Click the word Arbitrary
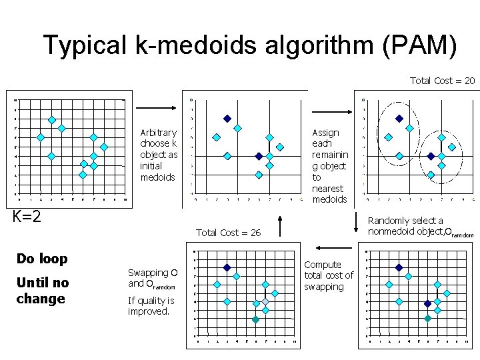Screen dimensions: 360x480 point(159,133)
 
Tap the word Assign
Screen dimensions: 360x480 point(325,133)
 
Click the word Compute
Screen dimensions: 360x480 point(323,265)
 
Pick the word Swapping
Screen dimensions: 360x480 point(148,273)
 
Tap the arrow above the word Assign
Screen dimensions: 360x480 point(327,107)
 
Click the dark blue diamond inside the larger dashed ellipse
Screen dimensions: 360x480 point(399,119)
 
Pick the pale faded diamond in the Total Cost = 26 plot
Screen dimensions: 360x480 point(265,303)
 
